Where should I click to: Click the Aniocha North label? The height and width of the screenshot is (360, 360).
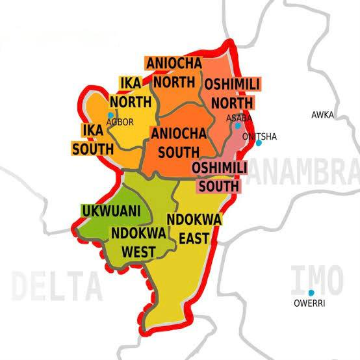coord(174,71)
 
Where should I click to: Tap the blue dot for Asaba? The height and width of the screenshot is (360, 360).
coord(238,126)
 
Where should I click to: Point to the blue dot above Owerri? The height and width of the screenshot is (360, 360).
coord(311,292)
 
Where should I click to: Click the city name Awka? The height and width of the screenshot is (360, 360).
coord(322,115)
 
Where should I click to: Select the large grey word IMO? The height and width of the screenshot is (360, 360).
coord(316,277)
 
